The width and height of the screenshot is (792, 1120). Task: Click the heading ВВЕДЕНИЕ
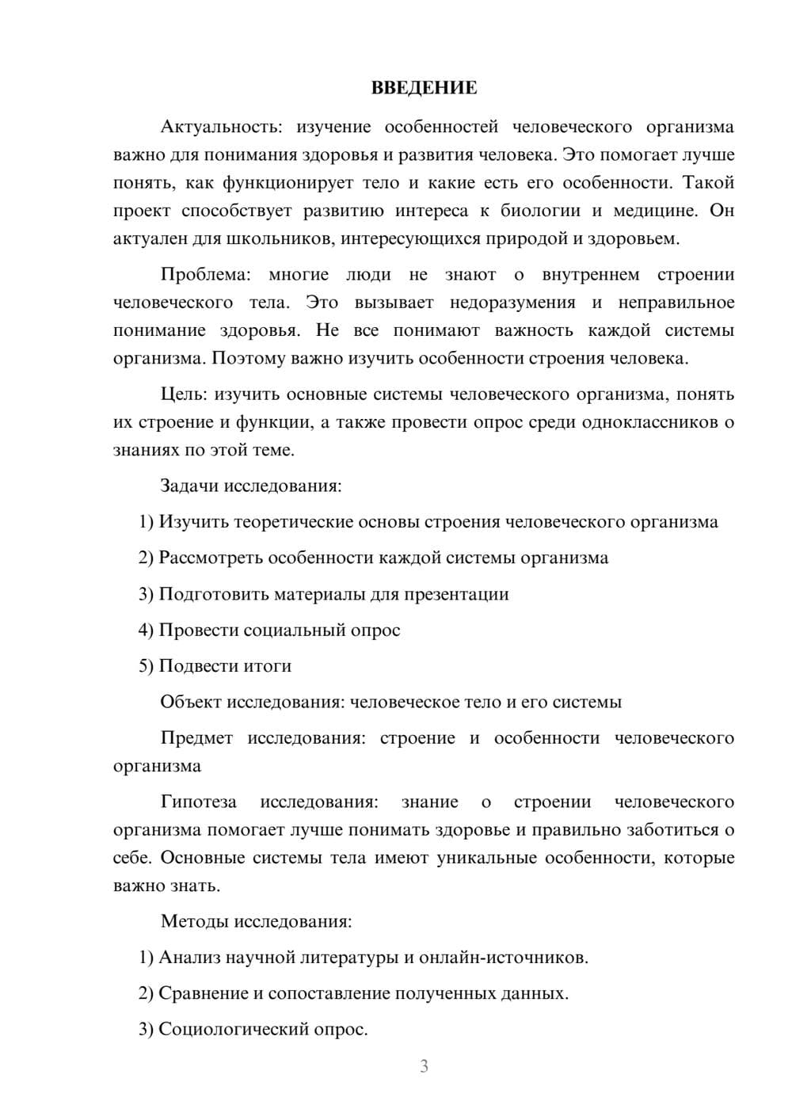coord(424,88)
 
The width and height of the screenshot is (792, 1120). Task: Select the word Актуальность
coord(218,127)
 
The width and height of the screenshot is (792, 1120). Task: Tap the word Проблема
coord(204,275)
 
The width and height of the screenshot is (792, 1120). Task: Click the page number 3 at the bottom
coord(424,1066)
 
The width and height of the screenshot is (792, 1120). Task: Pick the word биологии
coord(542,211)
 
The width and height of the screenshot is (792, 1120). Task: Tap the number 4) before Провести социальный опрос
coord(146,630)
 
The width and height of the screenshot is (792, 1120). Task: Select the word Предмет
coord(196,738)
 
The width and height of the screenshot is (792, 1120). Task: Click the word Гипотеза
coord(198,802)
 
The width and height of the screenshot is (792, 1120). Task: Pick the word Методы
coord(193,922)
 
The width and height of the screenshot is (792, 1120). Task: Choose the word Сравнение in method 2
coord(203,993)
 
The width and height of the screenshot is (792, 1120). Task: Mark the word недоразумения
coord(512,303)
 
